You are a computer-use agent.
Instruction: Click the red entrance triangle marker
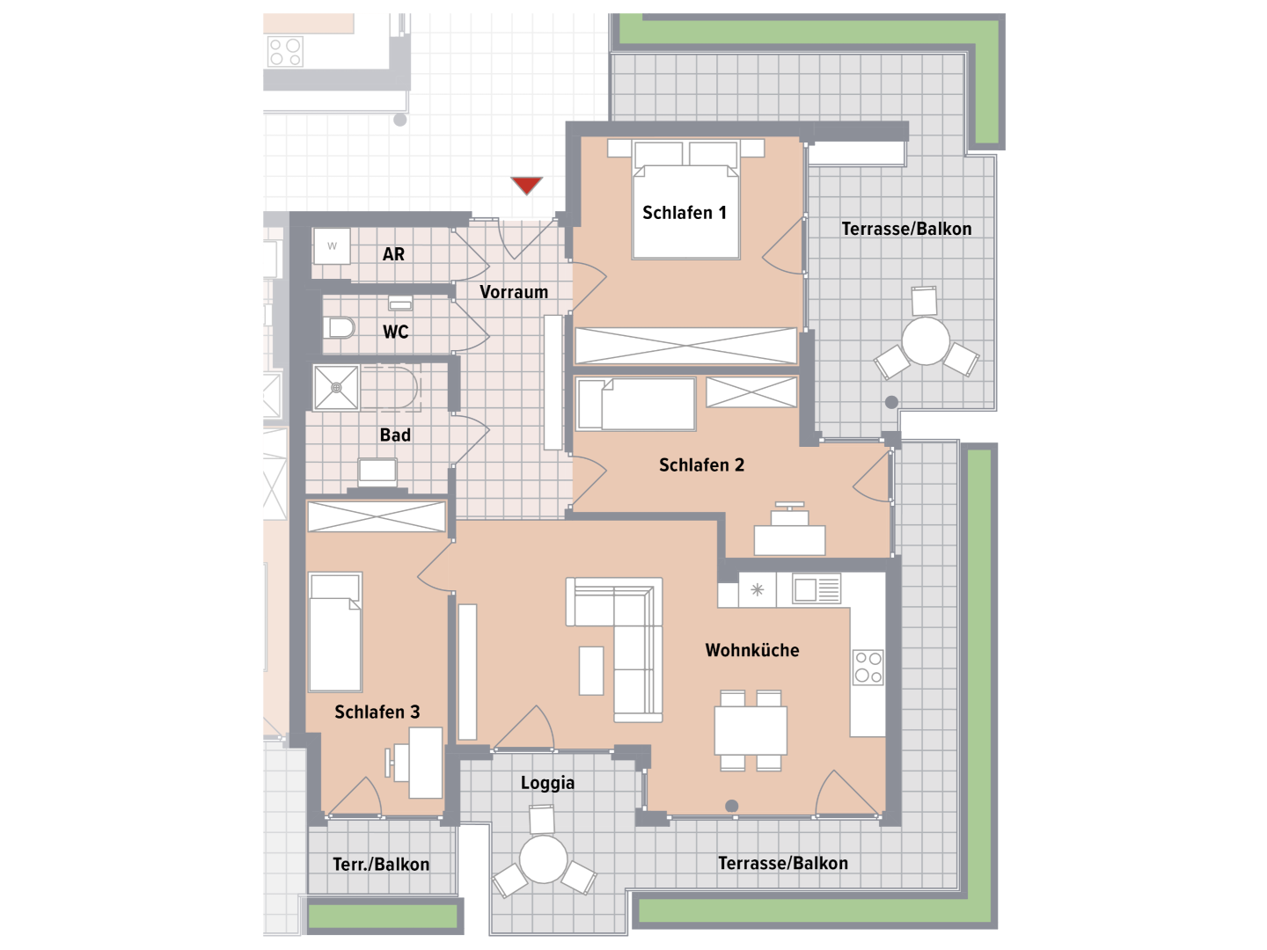(x=526, y=185)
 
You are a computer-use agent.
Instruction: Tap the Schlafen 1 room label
(x=684, y=213)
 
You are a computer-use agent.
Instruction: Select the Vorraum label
(x=514, y=292)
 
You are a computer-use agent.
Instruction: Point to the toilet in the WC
(x=341, y=328)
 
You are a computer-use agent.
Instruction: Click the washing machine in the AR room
(x=332, y=246)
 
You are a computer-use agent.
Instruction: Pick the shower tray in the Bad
(x=336, y=388)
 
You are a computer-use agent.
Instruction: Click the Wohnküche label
(x=752, y=651)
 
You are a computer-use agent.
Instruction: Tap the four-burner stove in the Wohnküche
(x=868, y=668)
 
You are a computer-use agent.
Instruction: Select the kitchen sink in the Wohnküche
(x=817, y=589)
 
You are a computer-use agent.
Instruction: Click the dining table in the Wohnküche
(x=751, y=730)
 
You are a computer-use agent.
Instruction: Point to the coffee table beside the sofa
(x=591, y=670)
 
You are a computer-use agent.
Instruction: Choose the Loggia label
(x=547, y=783)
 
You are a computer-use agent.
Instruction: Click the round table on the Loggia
(x=543, y=859)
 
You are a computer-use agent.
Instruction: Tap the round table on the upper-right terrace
(x=926, y=341)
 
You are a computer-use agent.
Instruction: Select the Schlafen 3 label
(x=377, y=712)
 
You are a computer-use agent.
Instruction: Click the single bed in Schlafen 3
(x=335, y=632)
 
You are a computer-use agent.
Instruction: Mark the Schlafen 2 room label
(x=701, y=465)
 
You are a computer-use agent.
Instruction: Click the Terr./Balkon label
(x=381, y=864)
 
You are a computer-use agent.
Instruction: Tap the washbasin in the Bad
(x=377, y=471)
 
